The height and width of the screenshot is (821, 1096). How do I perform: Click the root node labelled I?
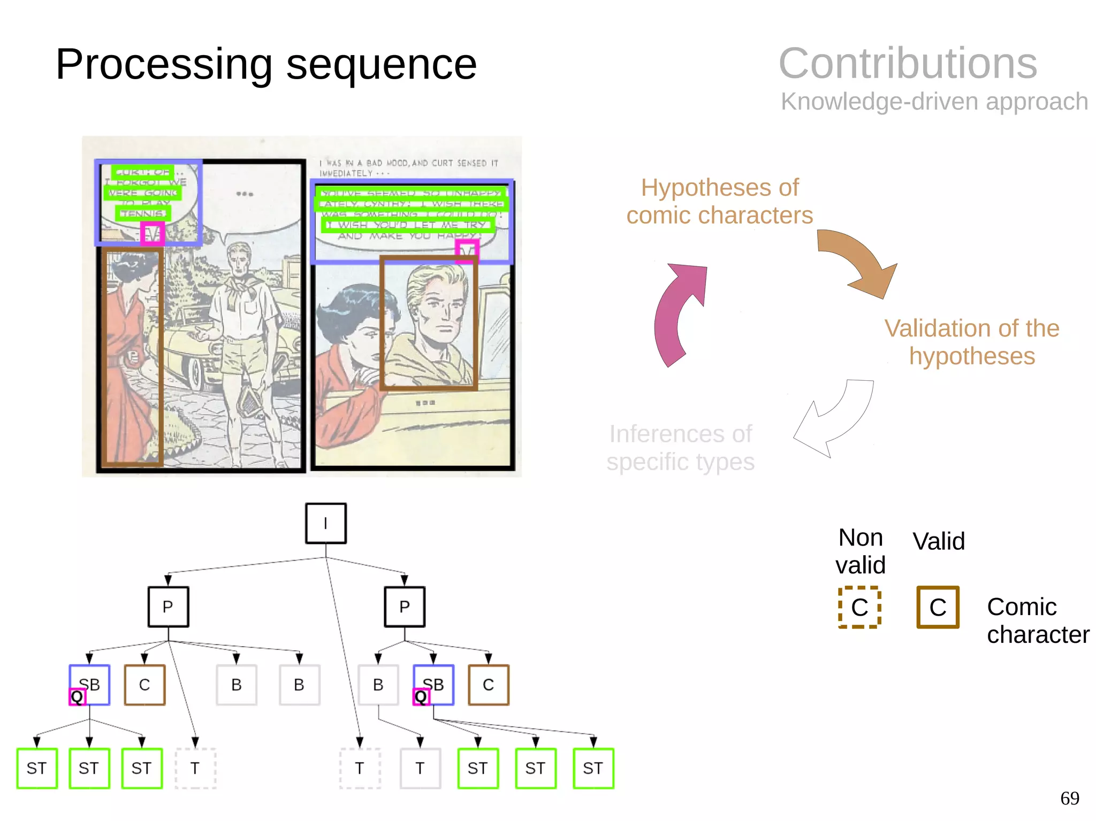click(325, 523)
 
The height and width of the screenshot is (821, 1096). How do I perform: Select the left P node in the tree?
click(168, 607)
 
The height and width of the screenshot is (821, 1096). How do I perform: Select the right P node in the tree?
click(404, 607)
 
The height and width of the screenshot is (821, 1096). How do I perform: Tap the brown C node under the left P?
click(144, 685)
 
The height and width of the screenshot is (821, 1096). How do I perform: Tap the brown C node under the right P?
click(488, 685)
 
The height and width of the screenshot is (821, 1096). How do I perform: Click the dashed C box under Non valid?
click(859, 607)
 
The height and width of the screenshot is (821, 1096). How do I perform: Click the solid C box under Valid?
click(938, 607)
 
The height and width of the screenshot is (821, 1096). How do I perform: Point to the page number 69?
click(1069, 798)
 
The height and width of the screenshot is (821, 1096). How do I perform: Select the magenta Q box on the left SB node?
click(78, 696)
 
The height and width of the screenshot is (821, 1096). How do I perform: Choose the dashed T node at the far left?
click(195, 768)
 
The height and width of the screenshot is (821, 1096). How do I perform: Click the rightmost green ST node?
click(593, 768)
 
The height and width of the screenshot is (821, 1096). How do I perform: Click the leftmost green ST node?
click(36, 768)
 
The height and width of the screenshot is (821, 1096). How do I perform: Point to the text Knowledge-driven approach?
click(934, 101)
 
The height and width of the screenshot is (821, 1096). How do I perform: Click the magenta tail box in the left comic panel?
click(152, 234)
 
